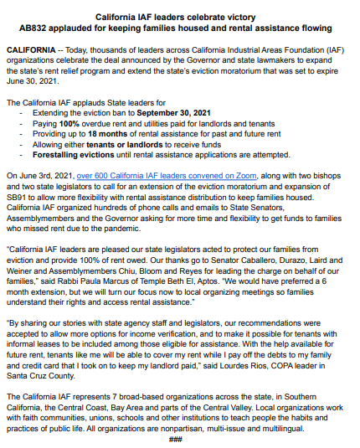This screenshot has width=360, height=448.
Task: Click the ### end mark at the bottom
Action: click(175, 439)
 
